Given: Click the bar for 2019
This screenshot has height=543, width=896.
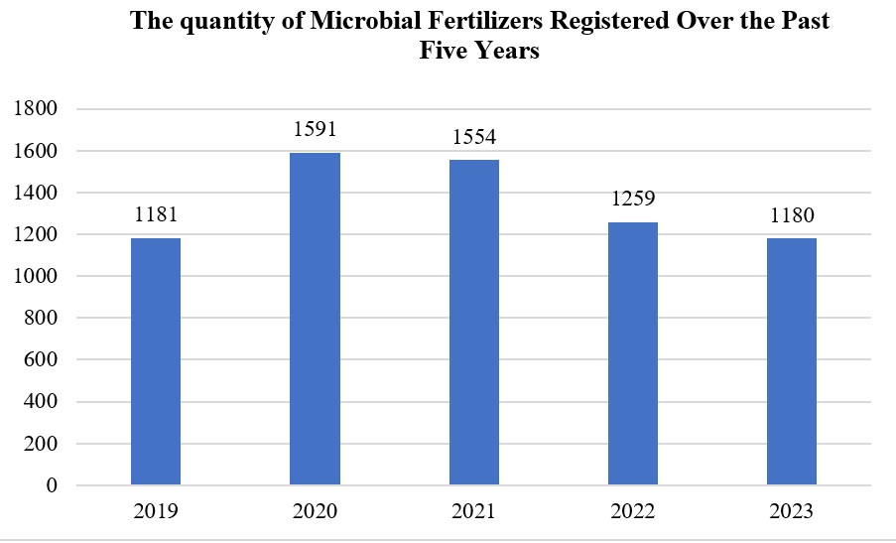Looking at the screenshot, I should point(156,361).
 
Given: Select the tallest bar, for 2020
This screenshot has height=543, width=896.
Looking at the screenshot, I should point(315,319).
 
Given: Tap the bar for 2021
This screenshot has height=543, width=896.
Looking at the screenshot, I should point(473,323).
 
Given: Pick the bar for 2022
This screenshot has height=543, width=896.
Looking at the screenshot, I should point(632,353).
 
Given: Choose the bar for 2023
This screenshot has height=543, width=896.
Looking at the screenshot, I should point(791,361).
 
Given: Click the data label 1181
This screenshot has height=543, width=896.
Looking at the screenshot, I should point(156,215).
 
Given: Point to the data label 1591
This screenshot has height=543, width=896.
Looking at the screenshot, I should point(315,130).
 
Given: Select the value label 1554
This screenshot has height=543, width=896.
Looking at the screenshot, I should point(473,138).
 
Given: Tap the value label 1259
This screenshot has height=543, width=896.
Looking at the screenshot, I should point(632,200).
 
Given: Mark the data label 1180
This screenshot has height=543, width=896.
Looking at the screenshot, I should point(791,215).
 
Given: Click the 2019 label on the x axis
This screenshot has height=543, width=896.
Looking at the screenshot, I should point(156,512).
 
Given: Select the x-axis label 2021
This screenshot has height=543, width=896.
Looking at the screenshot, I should point(473,512).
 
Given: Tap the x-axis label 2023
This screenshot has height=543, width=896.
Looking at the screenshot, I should point(791,512).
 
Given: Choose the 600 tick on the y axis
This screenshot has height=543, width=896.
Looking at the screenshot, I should point(43,360).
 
